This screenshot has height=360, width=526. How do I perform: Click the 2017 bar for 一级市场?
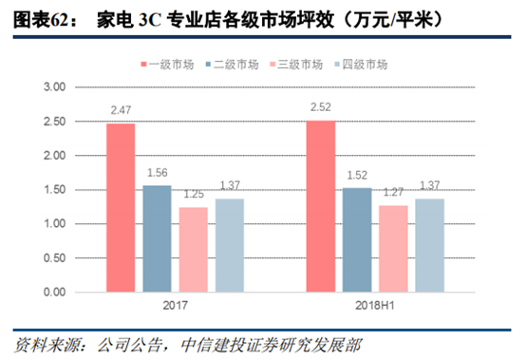point(121,207)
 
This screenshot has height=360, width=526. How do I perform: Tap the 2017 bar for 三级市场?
point(193,249)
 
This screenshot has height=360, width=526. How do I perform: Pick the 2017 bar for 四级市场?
point(229,245)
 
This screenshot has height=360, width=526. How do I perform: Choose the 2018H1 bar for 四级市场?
point(429,245)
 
